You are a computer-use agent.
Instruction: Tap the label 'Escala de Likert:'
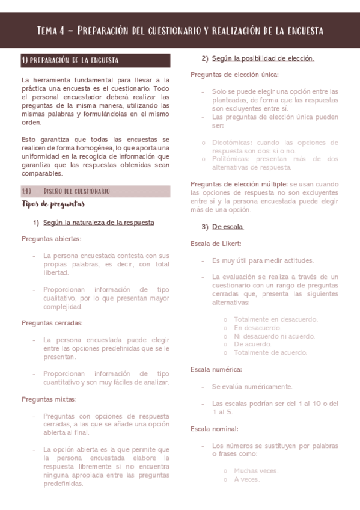[216, 243]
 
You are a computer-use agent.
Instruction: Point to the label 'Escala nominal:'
[215, 429]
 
